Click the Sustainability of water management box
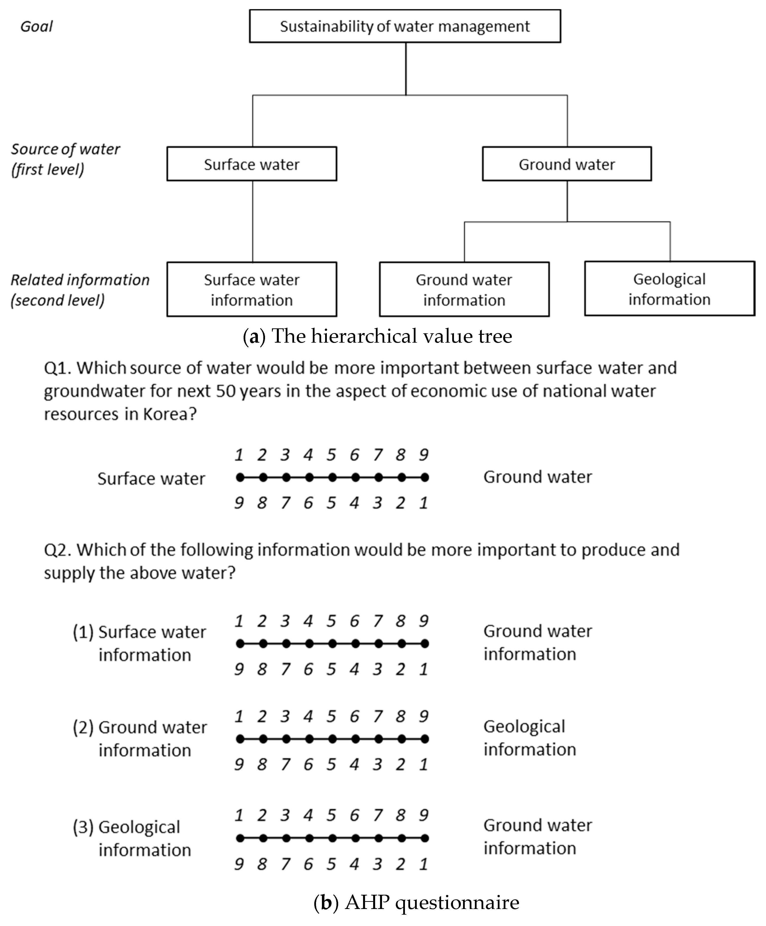405,26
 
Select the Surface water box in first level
251,164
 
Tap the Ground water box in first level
567,164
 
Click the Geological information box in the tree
669,289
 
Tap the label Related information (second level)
79,290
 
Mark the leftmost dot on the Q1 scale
240,477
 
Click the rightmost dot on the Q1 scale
424,477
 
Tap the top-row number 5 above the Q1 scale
332,455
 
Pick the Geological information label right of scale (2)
529,738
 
